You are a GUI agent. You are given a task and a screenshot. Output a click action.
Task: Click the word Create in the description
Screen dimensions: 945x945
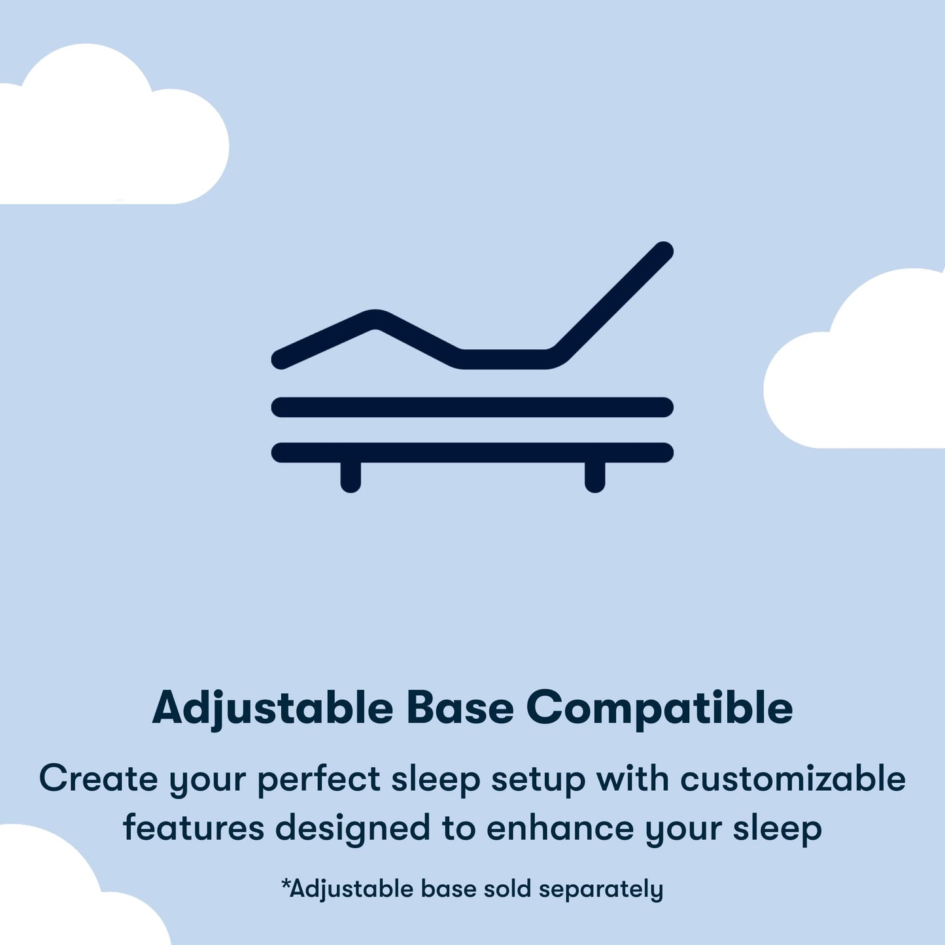click(98, 780)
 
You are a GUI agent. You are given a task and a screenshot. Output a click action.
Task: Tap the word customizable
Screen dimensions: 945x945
click(793, 780)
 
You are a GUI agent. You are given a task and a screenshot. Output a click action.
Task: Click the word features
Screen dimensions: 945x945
click(193, 828)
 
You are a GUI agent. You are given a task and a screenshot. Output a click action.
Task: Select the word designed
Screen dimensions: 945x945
click(352, 829)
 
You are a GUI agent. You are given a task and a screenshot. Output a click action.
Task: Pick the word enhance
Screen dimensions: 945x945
click(560, 828)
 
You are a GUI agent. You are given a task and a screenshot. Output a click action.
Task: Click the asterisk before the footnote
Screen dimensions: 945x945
click(285, 884)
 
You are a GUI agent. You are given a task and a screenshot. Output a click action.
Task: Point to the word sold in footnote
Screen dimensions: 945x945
click(507, 889)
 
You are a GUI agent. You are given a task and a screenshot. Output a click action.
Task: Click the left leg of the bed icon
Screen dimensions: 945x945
click(351, 476)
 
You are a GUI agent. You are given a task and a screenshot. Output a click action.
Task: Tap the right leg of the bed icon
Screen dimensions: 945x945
click(594, 476)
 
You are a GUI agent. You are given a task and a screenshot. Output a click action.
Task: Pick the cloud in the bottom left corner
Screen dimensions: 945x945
click(59, 896)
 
